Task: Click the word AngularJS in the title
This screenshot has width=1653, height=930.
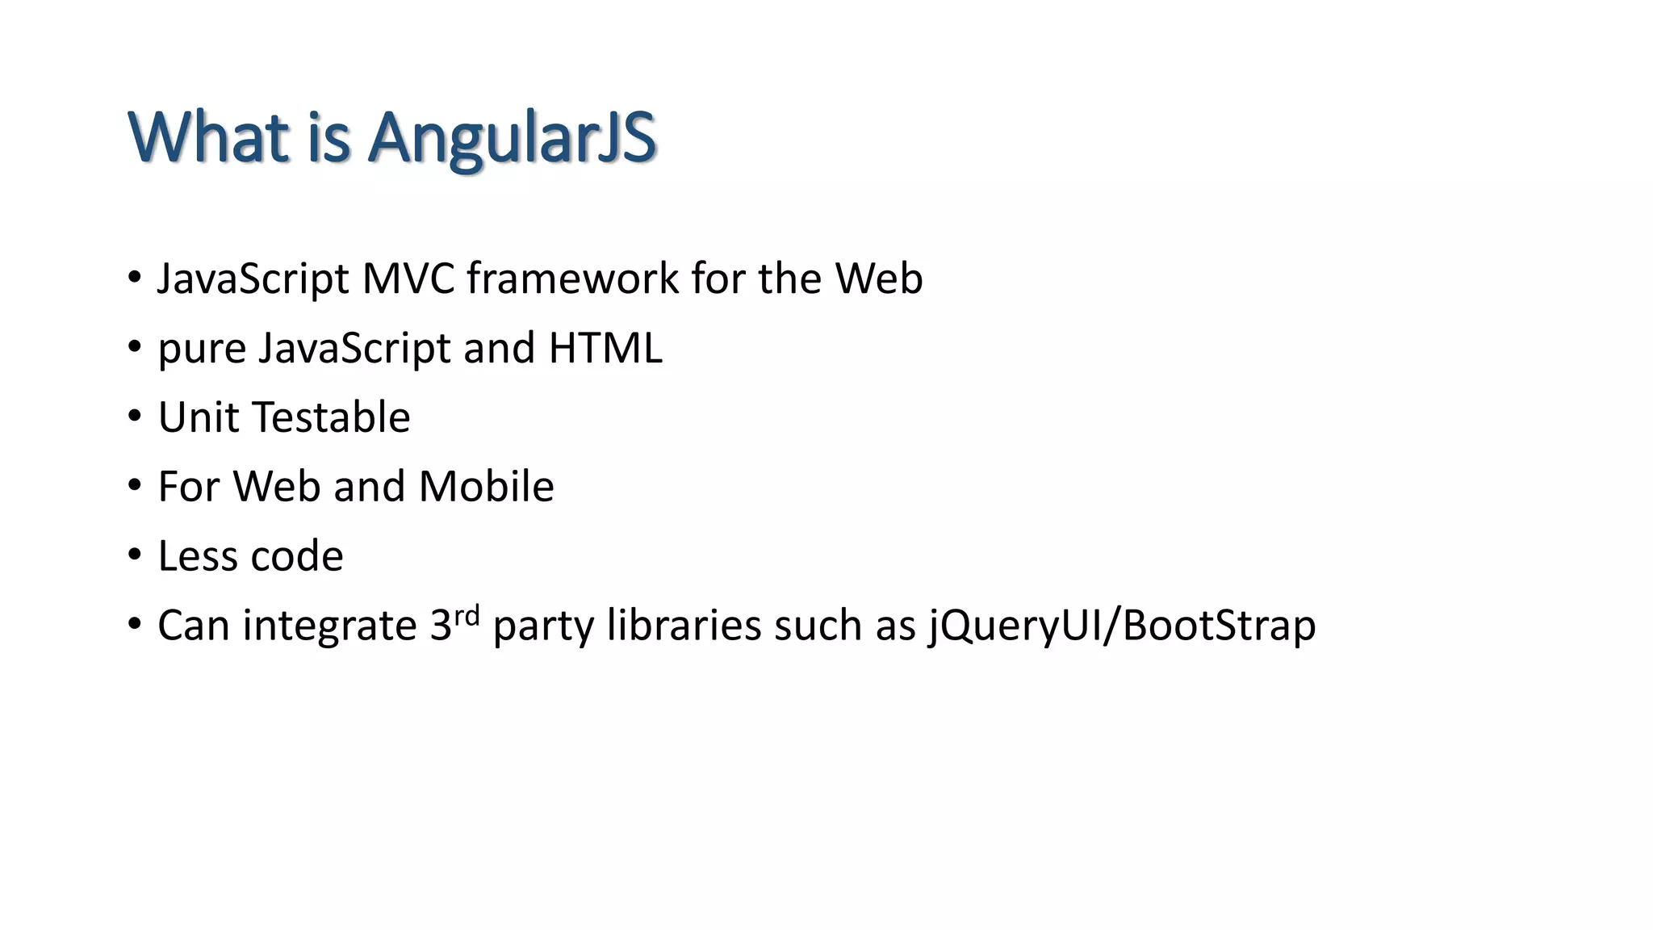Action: [x=512, y=137]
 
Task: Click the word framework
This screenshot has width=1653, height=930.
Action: [x=573, y=279]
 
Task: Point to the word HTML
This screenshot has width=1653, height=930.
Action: [x=605, y=348]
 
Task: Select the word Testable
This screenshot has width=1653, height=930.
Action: [x=332, y=417]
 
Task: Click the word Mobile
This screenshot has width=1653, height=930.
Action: [x=486, y=487]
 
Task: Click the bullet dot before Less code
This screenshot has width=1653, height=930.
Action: [x=135, y=555]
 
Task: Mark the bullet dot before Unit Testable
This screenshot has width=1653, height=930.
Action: [x=135, y=417]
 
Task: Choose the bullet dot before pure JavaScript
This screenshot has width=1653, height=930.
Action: [x=135, y=347]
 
